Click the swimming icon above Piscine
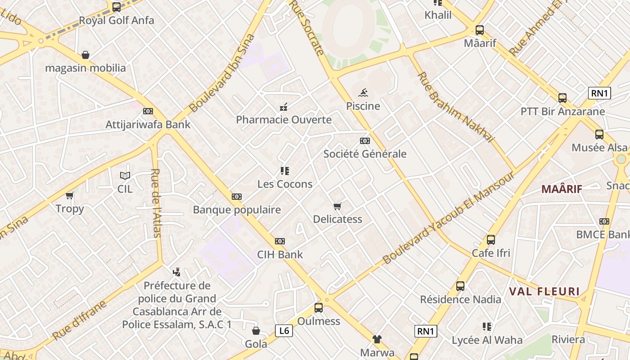(363, 93)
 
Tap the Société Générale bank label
(365, 154)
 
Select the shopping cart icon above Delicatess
(337, 206)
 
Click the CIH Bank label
(280, 255)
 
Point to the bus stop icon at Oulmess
(319, 308)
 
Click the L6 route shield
(284, 331)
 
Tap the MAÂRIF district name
(562, 189)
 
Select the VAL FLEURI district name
(544, 292)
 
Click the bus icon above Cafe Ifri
(491, 240)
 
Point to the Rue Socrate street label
(307, 27)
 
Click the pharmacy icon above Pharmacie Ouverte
(283, 107)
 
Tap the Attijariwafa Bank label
(148, 125)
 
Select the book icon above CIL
(125, 176)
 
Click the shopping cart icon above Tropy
(70, 195)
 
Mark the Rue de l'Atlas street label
(156, 202)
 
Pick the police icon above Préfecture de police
(177, 272)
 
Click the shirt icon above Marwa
(377, 339)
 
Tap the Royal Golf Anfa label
(117, 20)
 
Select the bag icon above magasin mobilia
(85, 55)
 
